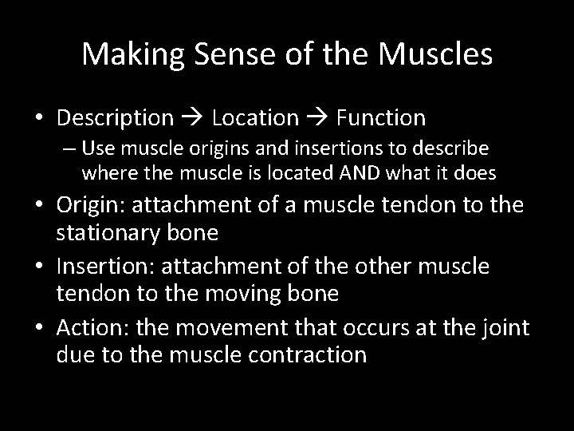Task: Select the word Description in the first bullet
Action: (115, 118)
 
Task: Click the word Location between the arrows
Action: (255, 118)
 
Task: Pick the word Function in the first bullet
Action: (380, 118)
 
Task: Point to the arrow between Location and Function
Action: (318, 119)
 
